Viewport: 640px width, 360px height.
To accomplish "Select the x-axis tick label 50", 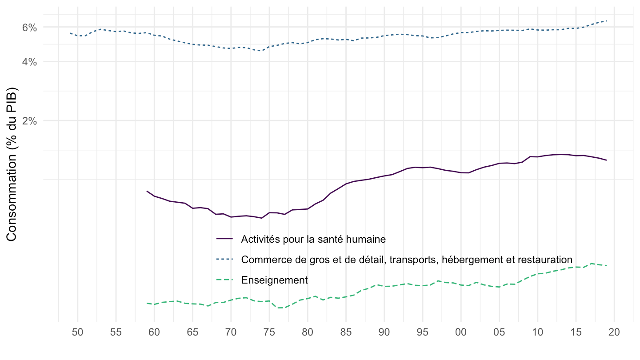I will tap(77, 332).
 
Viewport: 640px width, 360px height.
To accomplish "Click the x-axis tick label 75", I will tap(269, 332).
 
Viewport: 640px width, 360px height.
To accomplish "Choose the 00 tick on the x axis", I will tap(461, 332).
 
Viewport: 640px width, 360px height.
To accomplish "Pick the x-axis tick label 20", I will tap(614, 332).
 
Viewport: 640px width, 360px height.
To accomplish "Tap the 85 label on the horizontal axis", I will tap(346, 332).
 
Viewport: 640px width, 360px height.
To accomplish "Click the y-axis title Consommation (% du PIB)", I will tap(12, 166).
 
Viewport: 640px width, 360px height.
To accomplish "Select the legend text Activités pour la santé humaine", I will tap(313, 239).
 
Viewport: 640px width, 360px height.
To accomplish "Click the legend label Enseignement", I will tap(274, 280).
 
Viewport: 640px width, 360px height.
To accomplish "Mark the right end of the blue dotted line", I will tap(607, 21).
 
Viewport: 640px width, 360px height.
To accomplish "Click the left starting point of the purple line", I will tap(147, 191).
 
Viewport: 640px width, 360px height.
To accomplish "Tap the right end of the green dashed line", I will tap(607, 265).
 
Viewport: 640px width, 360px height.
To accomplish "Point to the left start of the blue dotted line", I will tap(70, 33).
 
